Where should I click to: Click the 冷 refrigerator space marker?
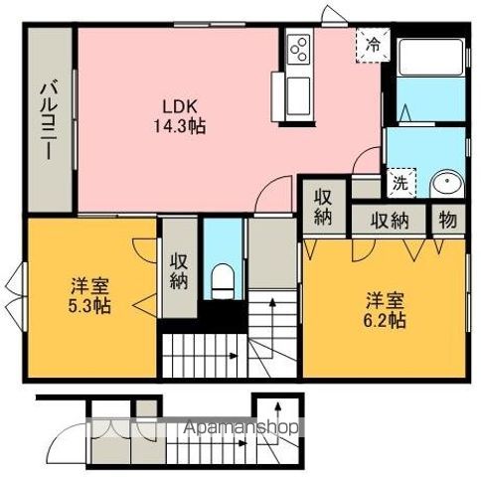(x=371, y=44)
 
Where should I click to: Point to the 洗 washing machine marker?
(x=398, y=183)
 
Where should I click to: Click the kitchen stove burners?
(x=299, y=46)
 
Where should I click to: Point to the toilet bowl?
(x=223, y=277)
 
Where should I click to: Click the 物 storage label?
(x=446, y=220)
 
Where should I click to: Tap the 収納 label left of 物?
(x=392, y=220)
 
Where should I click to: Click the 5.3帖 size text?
(x=90, y=304)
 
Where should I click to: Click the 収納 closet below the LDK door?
(x=323, y=205)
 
